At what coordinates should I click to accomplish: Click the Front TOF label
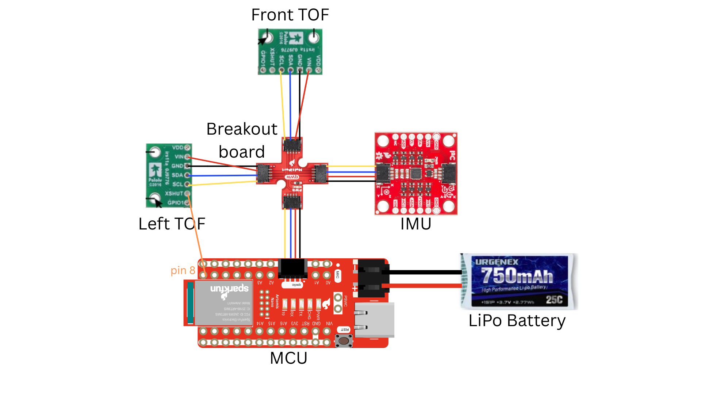click(x=290, y=15)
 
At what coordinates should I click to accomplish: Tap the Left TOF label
click(x=172, y=224)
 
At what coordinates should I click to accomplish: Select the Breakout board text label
click(x=242, y=140)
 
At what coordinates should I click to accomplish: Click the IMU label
click(x=416, y=224)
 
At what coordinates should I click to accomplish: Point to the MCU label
click(x=288, y=358)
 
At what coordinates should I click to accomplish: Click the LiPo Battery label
click(x=517, y=321)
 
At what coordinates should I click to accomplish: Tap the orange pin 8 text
click(x=183, y=270)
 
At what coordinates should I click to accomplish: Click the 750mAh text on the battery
click(x=517, y=275)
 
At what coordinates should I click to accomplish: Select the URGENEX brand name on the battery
click(x=497, y=262)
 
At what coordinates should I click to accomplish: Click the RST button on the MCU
click(x=344, y=341)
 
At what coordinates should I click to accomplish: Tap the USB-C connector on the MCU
click(x=374, y=320)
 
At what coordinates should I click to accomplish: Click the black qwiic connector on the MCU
click(x=292, y=269)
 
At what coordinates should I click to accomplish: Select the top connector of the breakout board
click(x=292, y=146)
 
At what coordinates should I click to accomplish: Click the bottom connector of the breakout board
click(x=292, y=201)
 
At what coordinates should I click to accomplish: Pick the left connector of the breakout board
click(x=264, y=174)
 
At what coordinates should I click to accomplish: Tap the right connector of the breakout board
click(x=321, y=174)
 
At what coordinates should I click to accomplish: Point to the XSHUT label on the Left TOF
click(x=173, y=193)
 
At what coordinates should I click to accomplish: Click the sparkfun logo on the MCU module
click(x=229, y=289)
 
